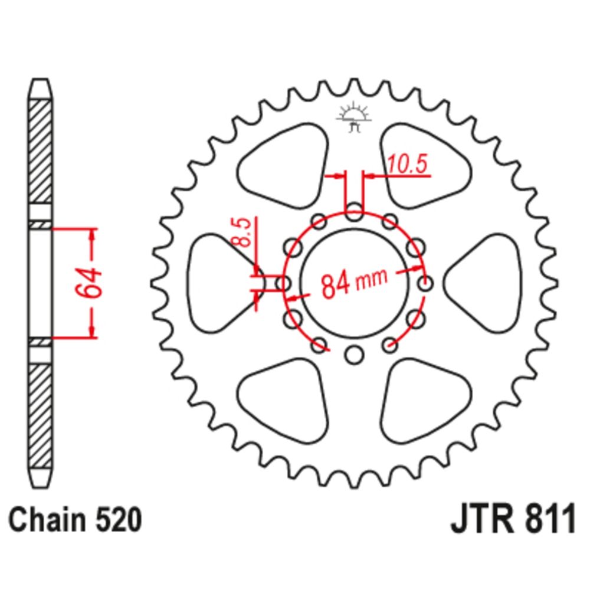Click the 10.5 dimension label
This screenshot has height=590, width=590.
(x=408, y=165)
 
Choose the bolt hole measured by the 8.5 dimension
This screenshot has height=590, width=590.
(x=284, y=284)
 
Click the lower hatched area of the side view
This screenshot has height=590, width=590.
(x=41, y=413)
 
